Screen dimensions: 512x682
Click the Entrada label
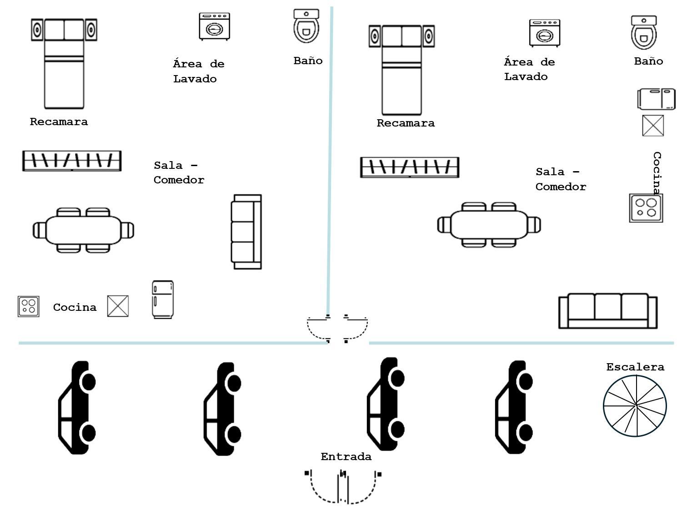[346, 456]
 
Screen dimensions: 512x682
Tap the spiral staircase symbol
[635, 406]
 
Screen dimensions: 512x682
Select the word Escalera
[635, 367]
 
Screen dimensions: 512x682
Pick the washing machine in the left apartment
[214, 27]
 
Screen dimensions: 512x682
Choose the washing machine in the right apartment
[544, 33]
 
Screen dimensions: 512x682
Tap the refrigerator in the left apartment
[162, 299]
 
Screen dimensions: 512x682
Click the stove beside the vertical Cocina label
[646, 208]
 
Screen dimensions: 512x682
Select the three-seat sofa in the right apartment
[607, 311]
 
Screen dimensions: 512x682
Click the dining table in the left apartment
[84, 230]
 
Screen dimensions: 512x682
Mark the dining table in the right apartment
[489, 225]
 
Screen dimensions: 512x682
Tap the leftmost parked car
[77, 407]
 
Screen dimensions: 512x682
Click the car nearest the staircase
[514, 407]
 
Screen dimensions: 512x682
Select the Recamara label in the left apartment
[59, 122]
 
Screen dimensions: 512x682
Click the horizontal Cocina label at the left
[75, 307]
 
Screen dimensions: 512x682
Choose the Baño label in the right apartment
[648, 61]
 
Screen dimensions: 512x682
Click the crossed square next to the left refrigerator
[118, 306]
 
